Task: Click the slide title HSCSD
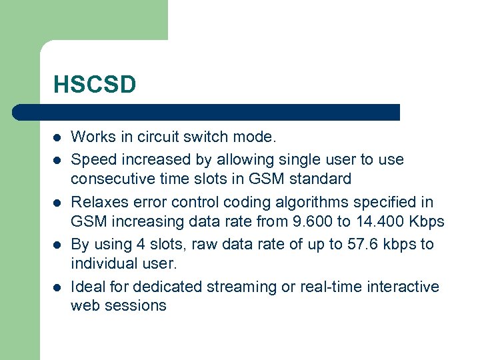95,85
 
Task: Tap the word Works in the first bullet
91,137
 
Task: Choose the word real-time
333,287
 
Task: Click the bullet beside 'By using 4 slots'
57,245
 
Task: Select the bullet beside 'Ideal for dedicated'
57,287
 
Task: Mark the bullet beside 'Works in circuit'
57,138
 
